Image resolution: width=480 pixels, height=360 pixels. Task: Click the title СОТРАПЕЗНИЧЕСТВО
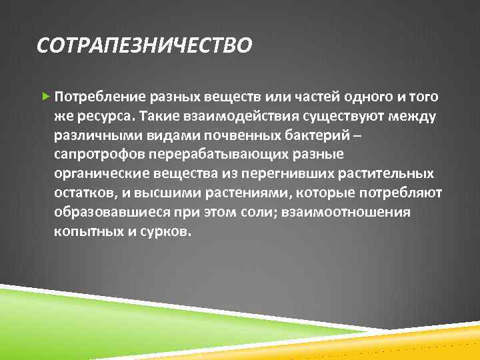145,46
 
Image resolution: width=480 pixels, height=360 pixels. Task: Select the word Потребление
96,97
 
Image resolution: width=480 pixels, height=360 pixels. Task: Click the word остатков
83,193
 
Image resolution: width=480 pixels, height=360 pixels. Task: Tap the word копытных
85,232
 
